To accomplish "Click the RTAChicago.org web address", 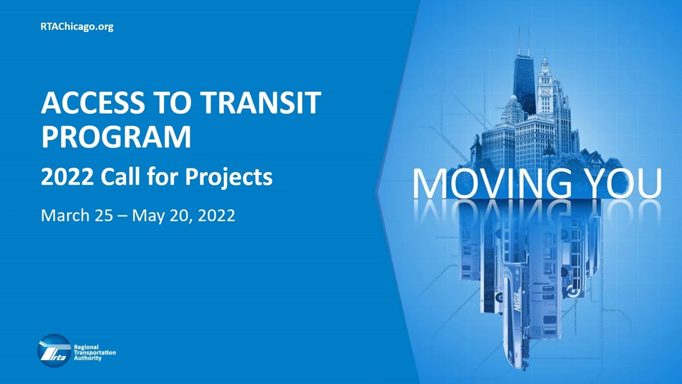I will [x=77, y=27].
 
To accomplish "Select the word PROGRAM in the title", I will [x=116, y=137].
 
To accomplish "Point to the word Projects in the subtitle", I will [x=229, y=177].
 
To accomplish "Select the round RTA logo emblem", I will [x=54, y=351].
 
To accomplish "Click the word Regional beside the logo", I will [x=86, y=347].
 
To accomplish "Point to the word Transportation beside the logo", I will [x=94, y=353].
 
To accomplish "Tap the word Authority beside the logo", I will [x=87, y=358].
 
